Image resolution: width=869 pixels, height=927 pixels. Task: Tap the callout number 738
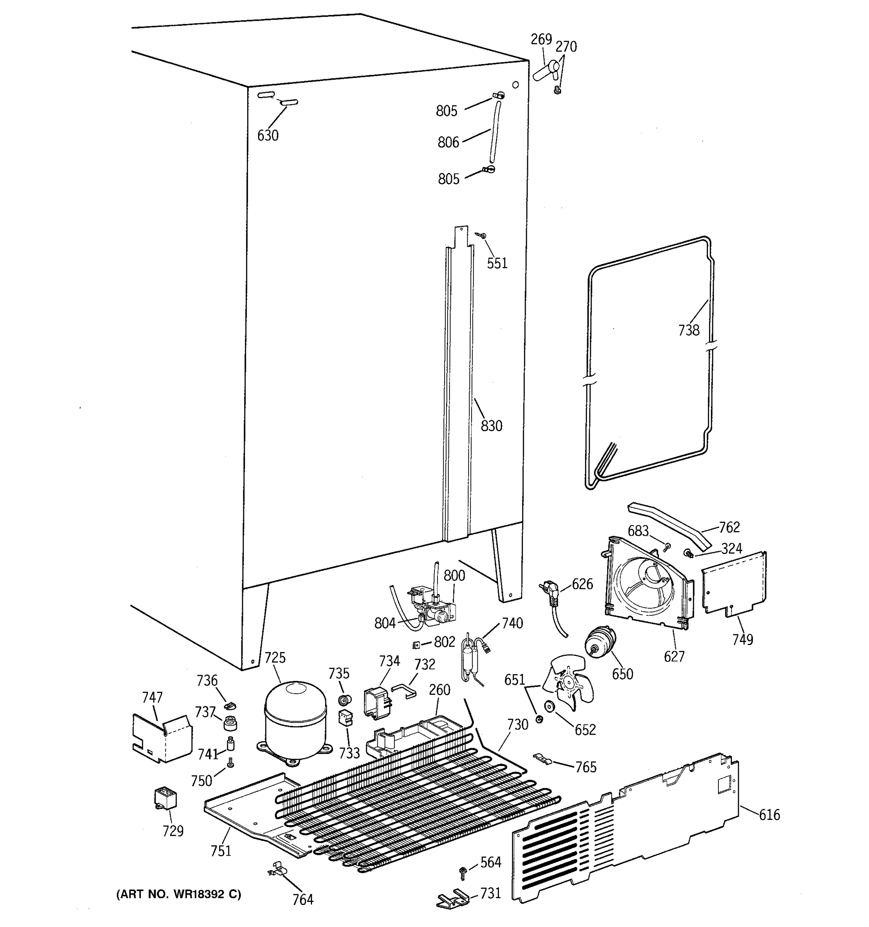point(689,330)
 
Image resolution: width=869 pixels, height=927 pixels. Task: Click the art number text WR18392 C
point(178,894)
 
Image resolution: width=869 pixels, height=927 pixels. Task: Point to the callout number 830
point(491,426)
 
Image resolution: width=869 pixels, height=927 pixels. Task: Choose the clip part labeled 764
point(276,869)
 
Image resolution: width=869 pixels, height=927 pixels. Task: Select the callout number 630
point(268,135)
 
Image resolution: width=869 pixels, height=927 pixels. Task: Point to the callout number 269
point(541,40)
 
